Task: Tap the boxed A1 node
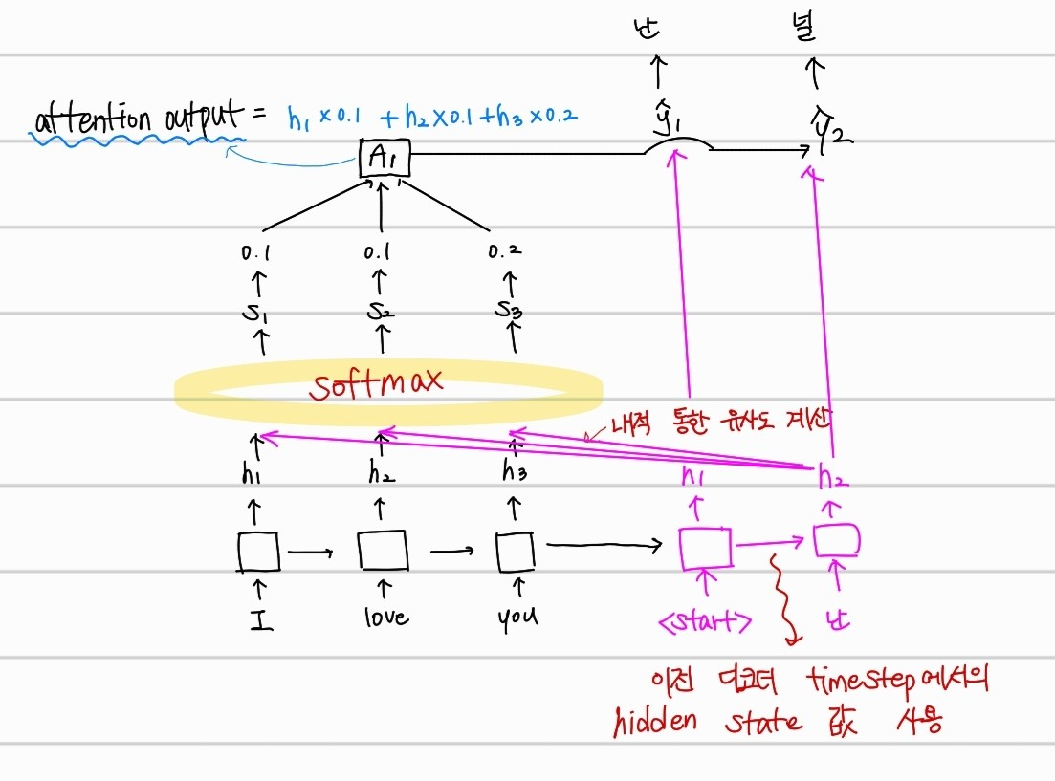click(385, 159)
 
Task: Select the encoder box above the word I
click(258, 552)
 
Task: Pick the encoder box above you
click(515, 551)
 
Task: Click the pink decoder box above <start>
click(706, 548)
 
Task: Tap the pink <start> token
click(705, 622)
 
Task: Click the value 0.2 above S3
click(506, 252)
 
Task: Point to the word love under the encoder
click(386, 617)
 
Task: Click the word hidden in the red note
click(654, 722)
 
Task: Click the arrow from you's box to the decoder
click(603, 547)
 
